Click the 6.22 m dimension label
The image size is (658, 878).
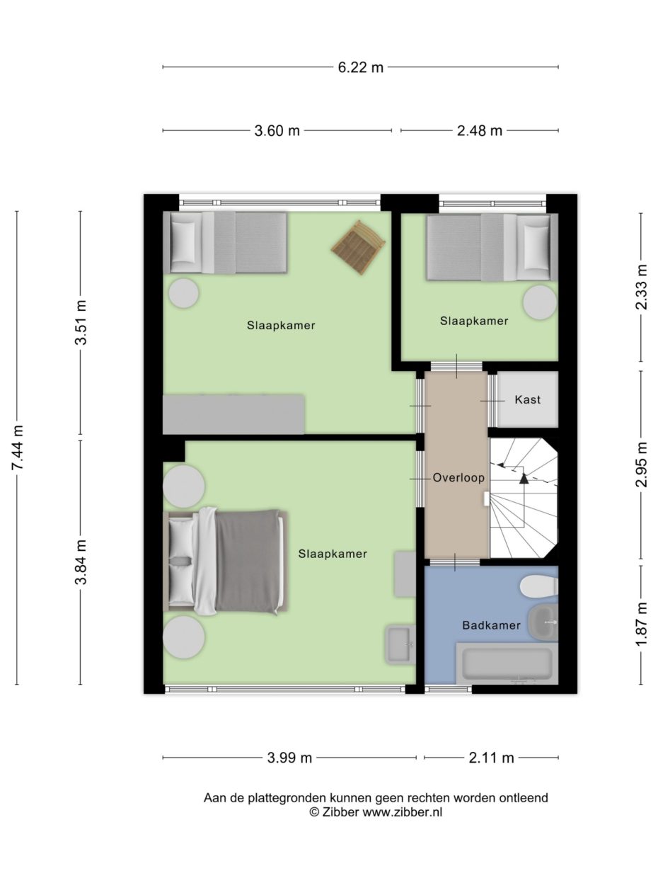[360, 67]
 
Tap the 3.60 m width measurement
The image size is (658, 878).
[277, 130]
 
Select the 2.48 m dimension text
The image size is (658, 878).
[480, 130]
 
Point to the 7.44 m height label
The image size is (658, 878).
[18, 447]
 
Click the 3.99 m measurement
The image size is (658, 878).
[289, 758]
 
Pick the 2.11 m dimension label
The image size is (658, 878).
[491, 758]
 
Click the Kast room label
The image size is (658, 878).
[527, 399]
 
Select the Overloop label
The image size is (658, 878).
[458, 478]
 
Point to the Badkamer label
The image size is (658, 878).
[492, 625]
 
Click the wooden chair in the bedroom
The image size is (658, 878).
[358, 247]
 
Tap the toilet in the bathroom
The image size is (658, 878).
[539, 587]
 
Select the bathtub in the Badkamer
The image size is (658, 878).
[507, 663]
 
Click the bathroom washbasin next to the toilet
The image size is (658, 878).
[543, 622]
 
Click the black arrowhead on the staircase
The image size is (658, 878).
[524, 479]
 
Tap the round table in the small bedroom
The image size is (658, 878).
[540, 302]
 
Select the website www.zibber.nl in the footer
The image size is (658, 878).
[403, 811]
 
